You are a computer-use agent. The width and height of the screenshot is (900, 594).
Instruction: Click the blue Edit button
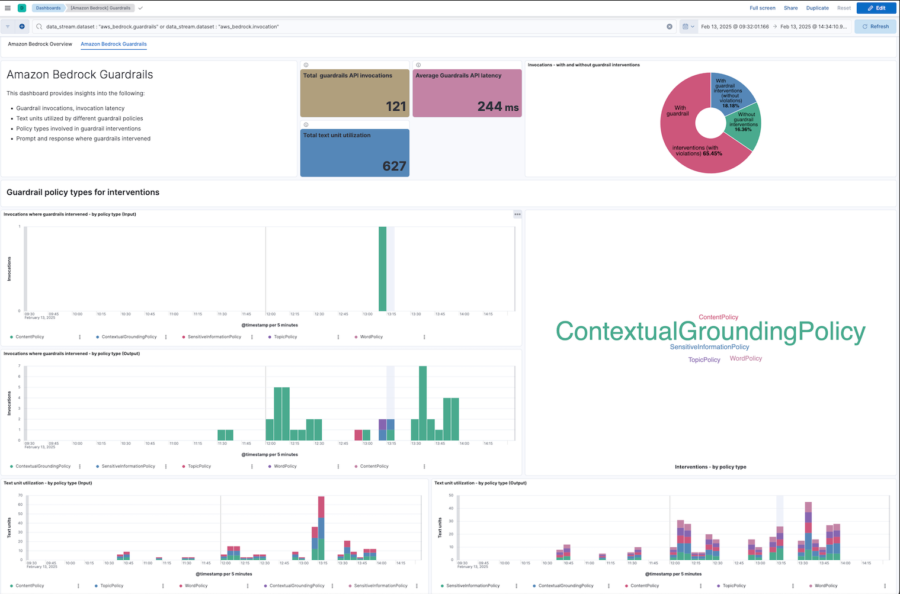(876, 8)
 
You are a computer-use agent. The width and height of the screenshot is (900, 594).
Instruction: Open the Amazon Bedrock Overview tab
(40, 44)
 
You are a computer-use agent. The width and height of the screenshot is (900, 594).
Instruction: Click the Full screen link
(762, 8)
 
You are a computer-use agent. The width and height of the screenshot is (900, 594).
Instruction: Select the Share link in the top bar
(790, 8)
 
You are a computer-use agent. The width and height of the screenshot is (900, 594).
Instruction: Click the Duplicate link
(817, 8)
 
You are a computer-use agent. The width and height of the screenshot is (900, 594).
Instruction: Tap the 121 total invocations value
(396, 107)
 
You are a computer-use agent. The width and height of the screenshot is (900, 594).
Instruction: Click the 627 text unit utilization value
(394, 166)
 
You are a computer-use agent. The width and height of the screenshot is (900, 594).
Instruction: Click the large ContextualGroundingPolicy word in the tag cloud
(710, 332)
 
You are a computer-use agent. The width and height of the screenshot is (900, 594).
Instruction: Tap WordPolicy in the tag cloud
(745, 358)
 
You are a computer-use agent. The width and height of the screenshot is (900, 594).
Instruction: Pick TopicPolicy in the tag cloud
(704, 359)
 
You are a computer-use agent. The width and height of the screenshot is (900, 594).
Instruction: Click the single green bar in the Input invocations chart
(382, 269)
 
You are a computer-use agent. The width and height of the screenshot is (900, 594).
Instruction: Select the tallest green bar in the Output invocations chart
(422, 403)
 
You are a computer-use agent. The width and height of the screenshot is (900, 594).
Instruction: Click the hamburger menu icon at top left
(8, 8)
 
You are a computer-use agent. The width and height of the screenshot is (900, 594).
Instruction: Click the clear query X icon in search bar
(670, 27)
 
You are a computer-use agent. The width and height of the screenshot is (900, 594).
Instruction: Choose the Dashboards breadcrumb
(48, 8)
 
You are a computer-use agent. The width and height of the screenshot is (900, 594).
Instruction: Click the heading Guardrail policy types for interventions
(83, 192)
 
